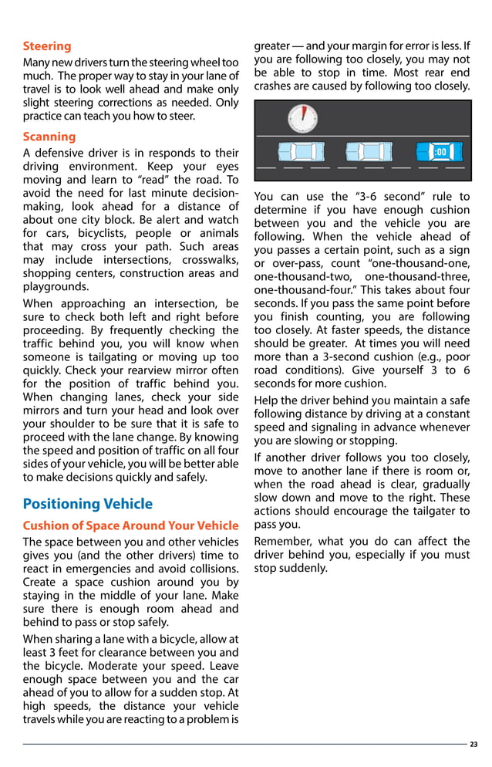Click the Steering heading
click(x=46, y=46)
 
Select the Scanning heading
click(x=49, y=137)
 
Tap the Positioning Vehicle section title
click(x=87, y=504)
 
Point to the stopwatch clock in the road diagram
click(x=302, y=118)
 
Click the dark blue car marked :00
click(x=436, y=152)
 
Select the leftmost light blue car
click(x=301, y=153)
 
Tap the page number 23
click(x=473, y=744)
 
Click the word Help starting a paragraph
click(x=268, y=400)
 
